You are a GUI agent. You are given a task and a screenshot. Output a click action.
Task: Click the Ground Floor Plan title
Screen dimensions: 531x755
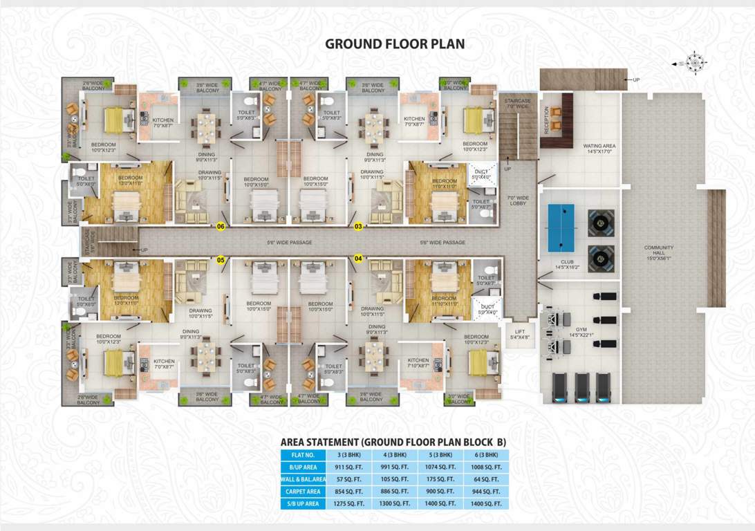[395, 44]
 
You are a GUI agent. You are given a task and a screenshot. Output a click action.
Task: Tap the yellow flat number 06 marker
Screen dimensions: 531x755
[221, 226]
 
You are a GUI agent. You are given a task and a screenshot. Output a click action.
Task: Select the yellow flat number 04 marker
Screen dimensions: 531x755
[358, 259]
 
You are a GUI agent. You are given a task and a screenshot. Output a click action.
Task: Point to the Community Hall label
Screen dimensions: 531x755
[658, 251]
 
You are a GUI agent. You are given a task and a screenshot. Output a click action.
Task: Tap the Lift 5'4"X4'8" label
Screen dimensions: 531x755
[519, 334]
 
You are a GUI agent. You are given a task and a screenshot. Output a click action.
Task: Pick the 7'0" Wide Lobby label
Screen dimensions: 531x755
[518, 201]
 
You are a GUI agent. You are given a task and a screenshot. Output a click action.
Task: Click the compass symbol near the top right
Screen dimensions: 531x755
[695, 63]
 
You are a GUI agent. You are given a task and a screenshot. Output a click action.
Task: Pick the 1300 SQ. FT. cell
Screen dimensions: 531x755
[394, 504]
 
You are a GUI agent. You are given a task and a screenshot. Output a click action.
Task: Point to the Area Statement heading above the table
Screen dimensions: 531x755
[393, 441]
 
